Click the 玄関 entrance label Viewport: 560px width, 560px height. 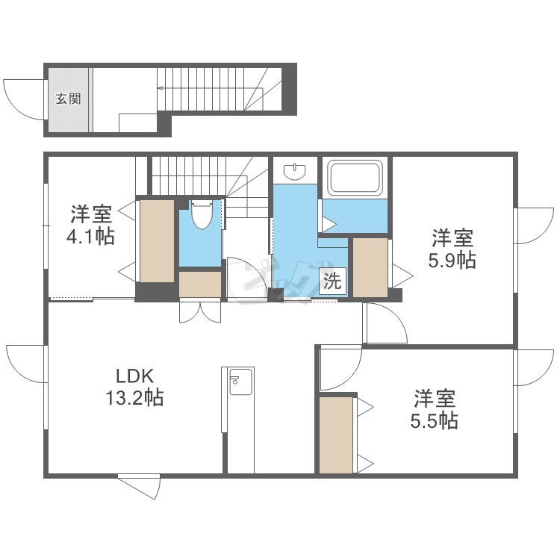click(x=69, y=99)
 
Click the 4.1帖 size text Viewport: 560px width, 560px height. click(x=91, y=237)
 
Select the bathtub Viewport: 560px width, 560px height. click(x=355, y=178)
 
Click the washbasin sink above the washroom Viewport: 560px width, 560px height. click(x=296, y=172)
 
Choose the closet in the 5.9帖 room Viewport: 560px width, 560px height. click(x=370, y=267)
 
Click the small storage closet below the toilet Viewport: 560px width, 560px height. click(x=200, y=284)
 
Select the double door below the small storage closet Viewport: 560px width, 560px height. click(x=201, y=311)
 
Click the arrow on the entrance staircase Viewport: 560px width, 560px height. click(x=161, y=87)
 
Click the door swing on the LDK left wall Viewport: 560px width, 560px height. click(x=26, y=364)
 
